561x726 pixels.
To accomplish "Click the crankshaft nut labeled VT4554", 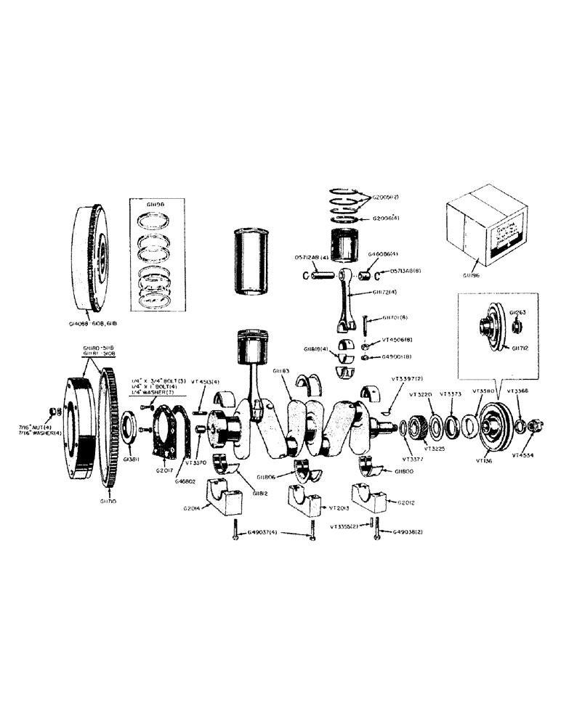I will click(535, 425).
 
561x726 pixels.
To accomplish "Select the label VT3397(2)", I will click(408, 379).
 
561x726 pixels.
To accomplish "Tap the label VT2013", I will click(342, 509).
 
